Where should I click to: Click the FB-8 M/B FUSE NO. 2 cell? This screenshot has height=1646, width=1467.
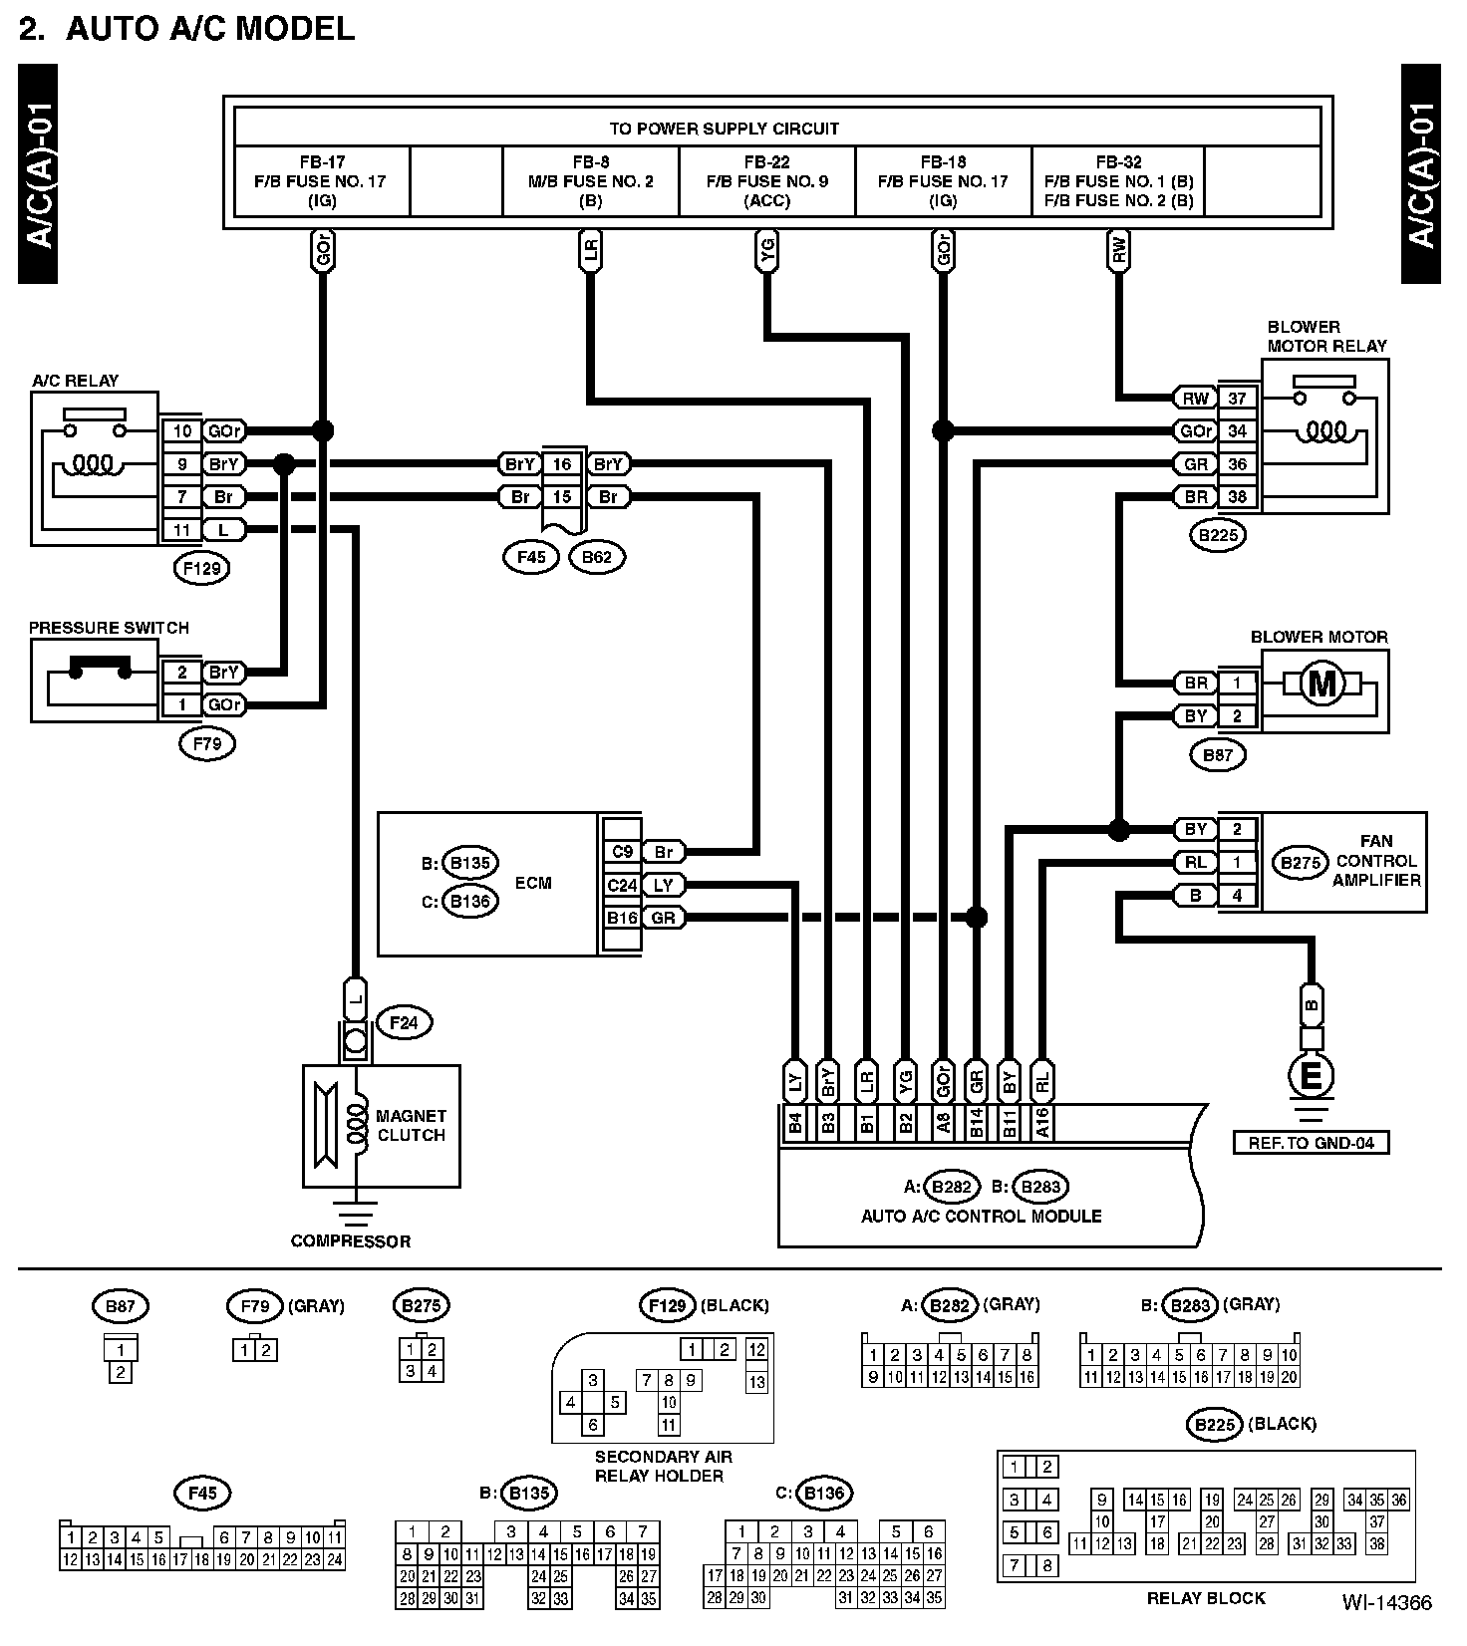point(591,181)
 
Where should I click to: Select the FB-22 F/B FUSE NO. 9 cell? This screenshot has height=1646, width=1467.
point(767,181)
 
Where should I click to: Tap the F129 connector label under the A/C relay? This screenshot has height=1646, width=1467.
point(202,569)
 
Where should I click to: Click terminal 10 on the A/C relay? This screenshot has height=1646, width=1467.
point(182,431)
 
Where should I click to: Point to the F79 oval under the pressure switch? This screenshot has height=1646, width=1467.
point(207,743)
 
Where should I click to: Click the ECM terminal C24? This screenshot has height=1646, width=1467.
point(622,885)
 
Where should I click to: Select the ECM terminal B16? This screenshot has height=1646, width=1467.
point(622,918)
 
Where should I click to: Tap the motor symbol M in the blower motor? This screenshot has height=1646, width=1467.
point(1323,684)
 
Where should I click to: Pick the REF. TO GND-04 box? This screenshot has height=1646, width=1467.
point(1312,1142)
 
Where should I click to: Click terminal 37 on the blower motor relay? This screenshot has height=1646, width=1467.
point(1238,399)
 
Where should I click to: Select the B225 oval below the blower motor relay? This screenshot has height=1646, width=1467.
point(1219,535)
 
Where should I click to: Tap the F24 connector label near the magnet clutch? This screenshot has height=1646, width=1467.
point(404,1023)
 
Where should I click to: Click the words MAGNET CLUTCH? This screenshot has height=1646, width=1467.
point(411,1125)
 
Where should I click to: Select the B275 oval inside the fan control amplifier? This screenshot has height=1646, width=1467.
point(1301,863)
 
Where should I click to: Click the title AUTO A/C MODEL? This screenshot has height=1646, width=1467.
point(210,28)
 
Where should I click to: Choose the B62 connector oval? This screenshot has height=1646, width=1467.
point(597,557)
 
